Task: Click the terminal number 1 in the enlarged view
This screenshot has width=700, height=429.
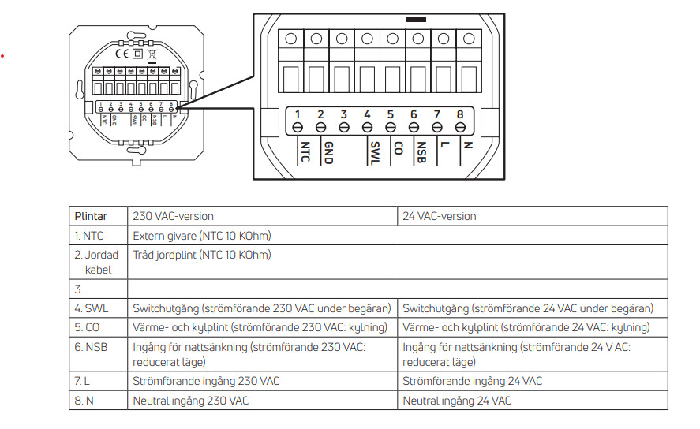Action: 298,114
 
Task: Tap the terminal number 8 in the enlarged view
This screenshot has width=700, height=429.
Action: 460,114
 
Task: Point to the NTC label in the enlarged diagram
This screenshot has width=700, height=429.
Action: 305,151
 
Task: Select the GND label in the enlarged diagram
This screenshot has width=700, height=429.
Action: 329,153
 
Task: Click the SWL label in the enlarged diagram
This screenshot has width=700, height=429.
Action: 376,153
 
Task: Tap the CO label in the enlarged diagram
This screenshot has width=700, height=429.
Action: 399,148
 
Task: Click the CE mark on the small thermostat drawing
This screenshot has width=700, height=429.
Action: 122,54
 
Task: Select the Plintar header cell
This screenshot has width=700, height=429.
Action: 91,216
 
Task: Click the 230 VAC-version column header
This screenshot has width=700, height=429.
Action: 173,216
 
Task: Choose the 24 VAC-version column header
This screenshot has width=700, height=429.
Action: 440,216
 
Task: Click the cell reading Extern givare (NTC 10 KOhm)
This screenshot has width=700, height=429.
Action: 202,236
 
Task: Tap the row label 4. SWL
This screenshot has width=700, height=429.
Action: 91,308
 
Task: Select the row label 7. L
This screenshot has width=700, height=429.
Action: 82,381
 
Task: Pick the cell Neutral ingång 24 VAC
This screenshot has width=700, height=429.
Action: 457,401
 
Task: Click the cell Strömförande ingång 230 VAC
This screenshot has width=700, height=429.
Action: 206,381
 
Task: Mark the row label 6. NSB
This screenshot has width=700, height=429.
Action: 91,348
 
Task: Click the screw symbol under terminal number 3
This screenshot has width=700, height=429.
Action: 344,128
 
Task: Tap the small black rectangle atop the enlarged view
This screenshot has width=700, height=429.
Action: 416,20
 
